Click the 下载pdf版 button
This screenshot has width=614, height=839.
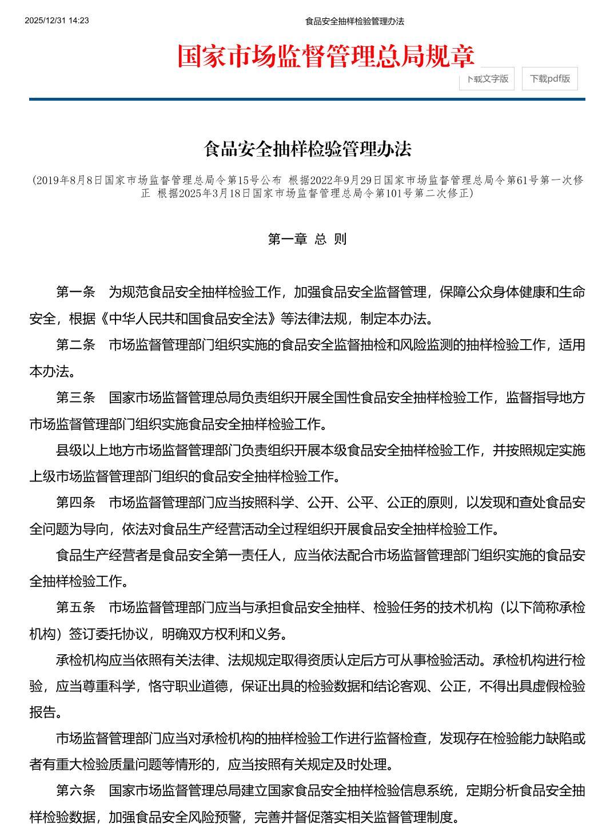click(x=549, y=79)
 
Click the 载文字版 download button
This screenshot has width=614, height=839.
click(x=487, y=79)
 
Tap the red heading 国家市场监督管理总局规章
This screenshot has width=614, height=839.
click(x=326, y=56)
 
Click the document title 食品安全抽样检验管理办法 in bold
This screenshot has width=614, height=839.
click(x=308, y=149)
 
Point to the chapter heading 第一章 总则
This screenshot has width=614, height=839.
click(x=308, y=238)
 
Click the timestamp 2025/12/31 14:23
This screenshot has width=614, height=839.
click(x=57, y=21)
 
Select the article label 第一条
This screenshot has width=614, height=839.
click(x=75, y=292)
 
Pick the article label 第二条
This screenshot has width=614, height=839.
click(x=75, y=345)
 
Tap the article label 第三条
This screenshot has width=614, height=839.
click(x=75, y=397)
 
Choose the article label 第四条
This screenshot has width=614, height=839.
click(x=75, y=503)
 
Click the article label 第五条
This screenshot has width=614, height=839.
click(x=75, y=607)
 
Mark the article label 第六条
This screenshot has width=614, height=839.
click(x=75, y=791)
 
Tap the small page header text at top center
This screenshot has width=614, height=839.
click(x=354, y=21)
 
